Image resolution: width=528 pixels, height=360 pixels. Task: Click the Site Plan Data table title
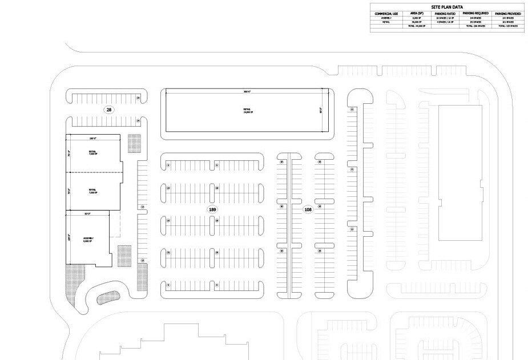tap(446, 7)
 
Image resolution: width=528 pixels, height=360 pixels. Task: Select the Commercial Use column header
tap(386, 13)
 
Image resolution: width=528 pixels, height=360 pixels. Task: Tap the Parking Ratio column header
tap(446, 13)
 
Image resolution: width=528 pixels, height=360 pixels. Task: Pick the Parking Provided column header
tap(507, 13)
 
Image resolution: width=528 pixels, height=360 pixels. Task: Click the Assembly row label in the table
tap(386, 18)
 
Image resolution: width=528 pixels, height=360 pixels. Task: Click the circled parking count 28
tap(108, 109)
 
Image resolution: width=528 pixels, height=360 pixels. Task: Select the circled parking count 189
tap(213, 210)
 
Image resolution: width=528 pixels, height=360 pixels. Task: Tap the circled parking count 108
tap(308, 210)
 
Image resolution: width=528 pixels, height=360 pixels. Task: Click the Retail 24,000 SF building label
tap(247, 111)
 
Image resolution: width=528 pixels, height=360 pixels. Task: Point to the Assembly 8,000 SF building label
tap(88, 239)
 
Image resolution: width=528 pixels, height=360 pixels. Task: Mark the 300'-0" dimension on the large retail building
tap(247, 91)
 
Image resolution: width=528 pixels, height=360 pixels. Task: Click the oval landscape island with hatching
tap(107, 297)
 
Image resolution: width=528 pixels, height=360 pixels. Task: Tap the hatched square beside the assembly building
tap(124, 255)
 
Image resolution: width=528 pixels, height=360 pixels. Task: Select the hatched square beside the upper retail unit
tap(134, 143)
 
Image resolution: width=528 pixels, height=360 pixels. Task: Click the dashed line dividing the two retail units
tap(94, 172)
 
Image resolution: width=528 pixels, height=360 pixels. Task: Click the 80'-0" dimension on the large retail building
tap(321, 110)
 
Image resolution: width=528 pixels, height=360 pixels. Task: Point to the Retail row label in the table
tap(386, 22)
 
